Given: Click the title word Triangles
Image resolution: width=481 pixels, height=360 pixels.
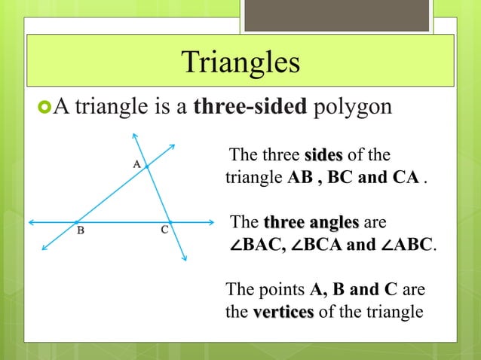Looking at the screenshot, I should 240,63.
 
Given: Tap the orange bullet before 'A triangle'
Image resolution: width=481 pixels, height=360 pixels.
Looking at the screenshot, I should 41,106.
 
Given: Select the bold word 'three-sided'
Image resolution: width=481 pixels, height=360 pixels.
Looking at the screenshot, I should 250,106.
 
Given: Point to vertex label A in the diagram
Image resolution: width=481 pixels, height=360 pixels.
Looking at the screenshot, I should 137,163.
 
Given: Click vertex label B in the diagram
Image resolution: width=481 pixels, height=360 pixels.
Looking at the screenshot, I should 80,231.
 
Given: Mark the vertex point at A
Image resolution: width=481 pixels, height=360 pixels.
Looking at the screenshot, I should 147,167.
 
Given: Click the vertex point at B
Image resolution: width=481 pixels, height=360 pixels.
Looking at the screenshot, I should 76,222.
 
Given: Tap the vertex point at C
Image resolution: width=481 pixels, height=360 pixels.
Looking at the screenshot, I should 169,222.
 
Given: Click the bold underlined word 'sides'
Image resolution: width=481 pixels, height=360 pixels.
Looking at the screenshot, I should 323,156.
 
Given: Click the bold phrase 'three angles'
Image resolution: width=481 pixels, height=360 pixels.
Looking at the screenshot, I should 311,223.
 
